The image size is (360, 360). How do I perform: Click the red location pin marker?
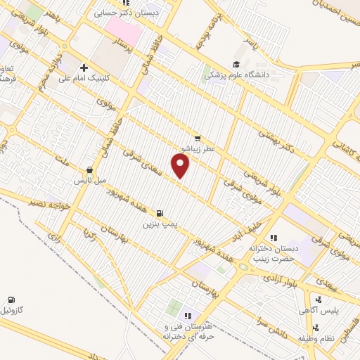click(181, 166)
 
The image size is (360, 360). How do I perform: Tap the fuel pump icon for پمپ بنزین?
click(162, 213)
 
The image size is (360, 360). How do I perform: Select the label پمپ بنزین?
click(157, 224)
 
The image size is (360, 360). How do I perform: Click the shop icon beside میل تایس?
click(89, 169)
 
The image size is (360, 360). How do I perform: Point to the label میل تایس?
click(91, 181)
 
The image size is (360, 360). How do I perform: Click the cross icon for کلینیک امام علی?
click(84, 67)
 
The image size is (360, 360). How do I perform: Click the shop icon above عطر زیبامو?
click(198, 139)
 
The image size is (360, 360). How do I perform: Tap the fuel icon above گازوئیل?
click(11, 300)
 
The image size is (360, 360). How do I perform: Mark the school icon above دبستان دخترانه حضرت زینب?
click(274, 238)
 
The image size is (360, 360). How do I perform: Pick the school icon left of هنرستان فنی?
click(187, 317)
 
